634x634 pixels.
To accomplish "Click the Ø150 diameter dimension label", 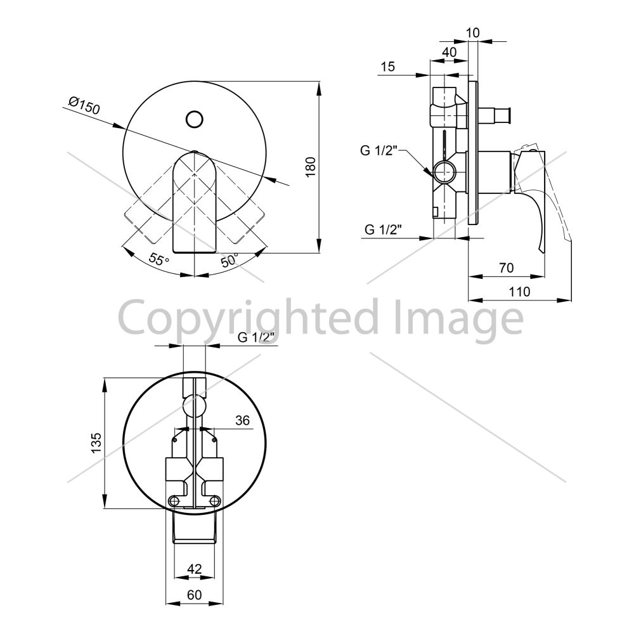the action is click(84, 105).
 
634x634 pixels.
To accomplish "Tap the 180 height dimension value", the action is click(311, 167).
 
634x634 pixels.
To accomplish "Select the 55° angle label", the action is click(159, 259).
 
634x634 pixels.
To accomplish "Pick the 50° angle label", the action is click(230, 260).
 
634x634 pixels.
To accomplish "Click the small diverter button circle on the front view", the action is click(195, 119).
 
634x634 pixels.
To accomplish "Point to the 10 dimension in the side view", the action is click(473, 32).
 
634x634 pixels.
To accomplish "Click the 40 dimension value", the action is click(450, 52).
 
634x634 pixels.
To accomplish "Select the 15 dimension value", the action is click(388, 67).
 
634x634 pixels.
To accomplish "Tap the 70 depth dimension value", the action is click(506, 268).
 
